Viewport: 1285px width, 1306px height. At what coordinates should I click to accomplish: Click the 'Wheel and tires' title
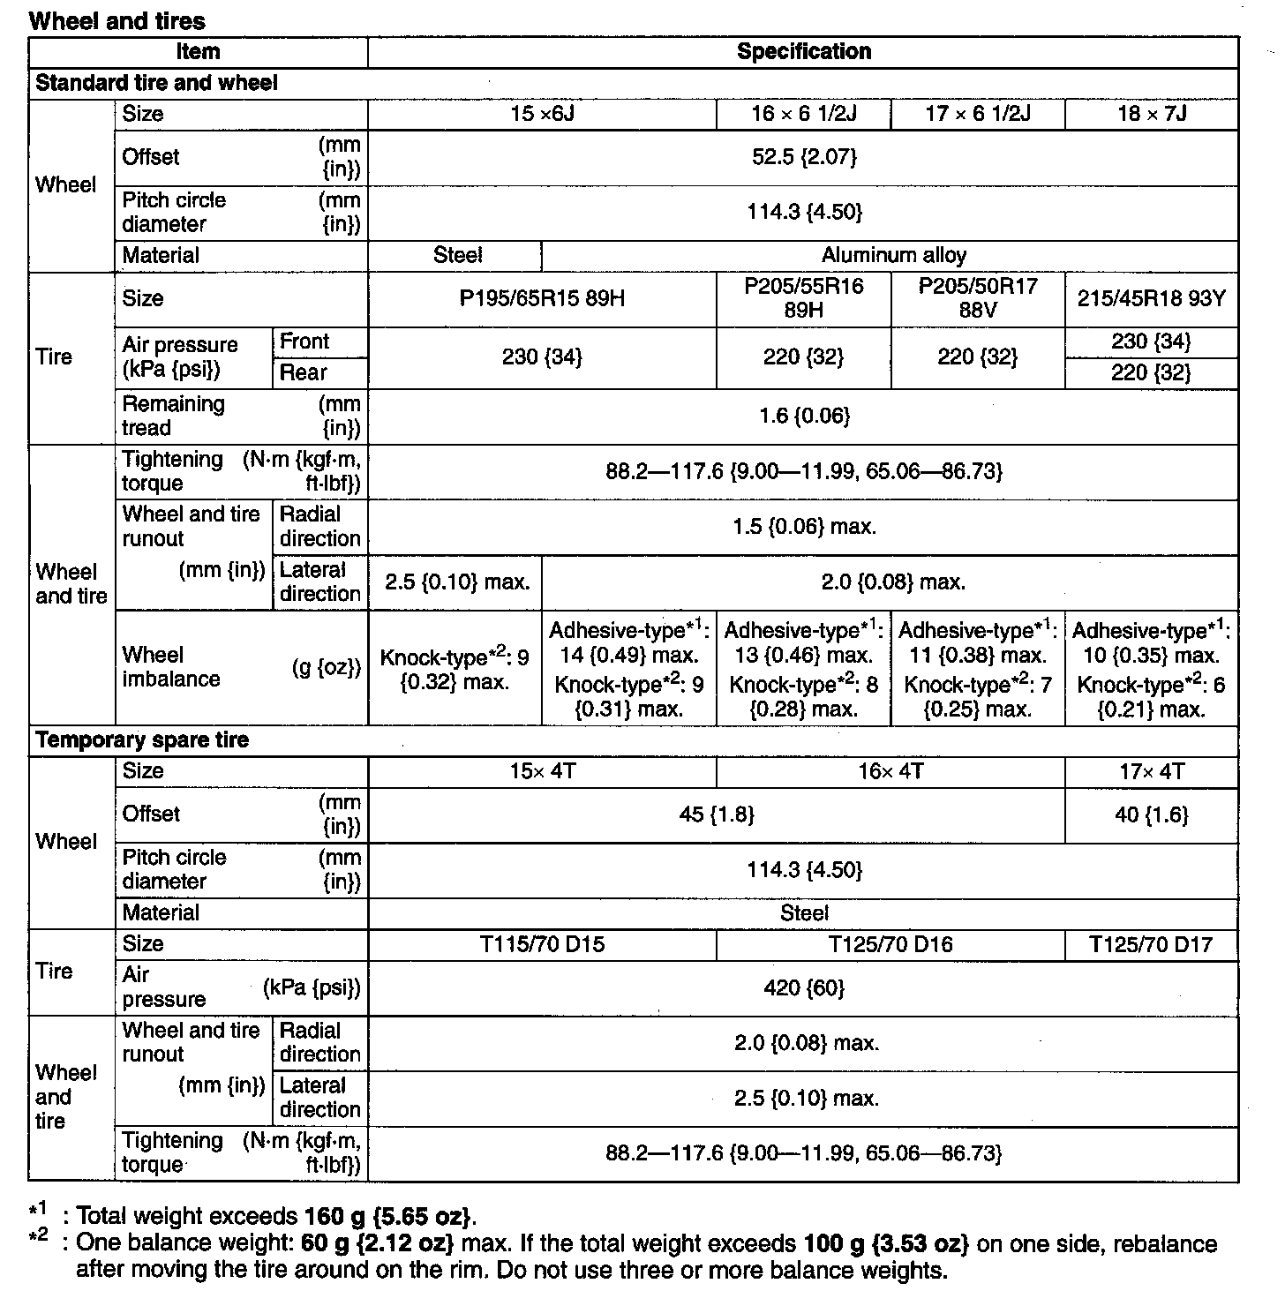click(116, 21)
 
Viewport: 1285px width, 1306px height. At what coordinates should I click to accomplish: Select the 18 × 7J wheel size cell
click(1152, 114)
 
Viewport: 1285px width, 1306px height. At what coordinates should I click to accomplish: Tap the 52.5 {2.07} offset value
click(803, 157)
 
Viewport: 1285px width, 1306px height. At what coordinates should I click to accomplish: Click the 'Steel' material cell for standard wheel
click(457, 256)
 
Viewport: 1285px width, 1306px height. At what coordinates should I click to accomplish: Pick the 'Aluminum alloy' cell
click(893, 256)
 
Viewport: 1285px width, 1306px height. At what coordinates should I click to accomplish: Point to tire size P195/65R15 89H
click(542, 299)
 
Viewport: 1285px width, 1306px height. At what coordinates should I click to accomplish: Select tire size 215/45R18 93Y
click(1152, 299)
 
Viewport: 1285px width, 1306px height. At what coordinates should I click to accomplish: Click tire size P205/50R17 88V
click(978, 299)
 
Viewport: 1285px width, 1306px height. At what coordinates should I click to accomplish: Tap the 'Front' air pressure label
click(304, 342)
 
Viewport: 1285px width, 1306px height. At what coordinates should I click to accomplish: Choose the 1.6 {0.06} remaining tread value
click(803, 417)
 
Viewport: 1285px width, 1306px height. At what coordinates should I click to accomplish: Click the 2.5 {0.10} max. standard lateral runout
click(456, 582)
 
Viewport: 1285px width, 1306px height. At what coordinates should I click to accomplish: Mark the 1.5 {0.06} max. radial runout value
click(803, 528)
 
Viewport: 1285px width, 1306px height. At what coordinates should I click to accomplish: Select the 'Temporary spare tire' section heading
click(142, 740)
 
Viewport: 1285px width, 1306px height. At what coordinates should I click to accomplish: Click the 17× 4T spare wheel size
click(1152, 772)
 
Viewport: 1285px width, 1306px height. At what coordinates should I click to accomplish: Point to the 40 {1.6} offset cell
click(1152, 815)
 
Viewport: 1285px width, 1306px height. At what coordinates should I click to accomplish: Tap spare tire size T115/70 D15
click(542, 945)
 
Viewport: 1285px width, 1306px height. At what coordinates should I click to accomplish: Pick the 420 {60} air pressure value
click(803, 988)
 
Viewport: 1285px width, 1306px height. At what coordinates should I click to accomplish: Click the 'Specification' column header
click(803, 52)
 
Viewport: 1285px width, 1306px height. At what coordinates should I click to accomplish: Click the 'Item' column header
click(198, 52)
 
